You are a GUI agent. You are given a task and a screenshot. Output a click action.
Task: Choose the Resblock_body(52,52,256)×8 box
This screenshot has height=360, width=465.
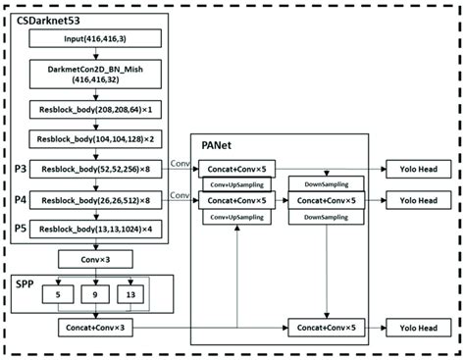point(95,170)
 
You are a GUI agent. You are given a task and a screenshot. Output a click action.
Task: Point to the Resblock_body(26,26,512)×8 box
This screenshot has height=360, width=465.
point(95,199)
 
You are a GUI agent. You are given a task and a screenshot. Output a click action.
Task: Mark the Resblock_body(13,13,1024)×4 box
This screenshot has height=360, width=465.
point(95,229)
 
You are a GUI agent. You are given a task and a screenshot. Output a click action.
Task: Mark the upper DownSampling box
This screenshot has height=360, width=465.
point(324,183)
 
